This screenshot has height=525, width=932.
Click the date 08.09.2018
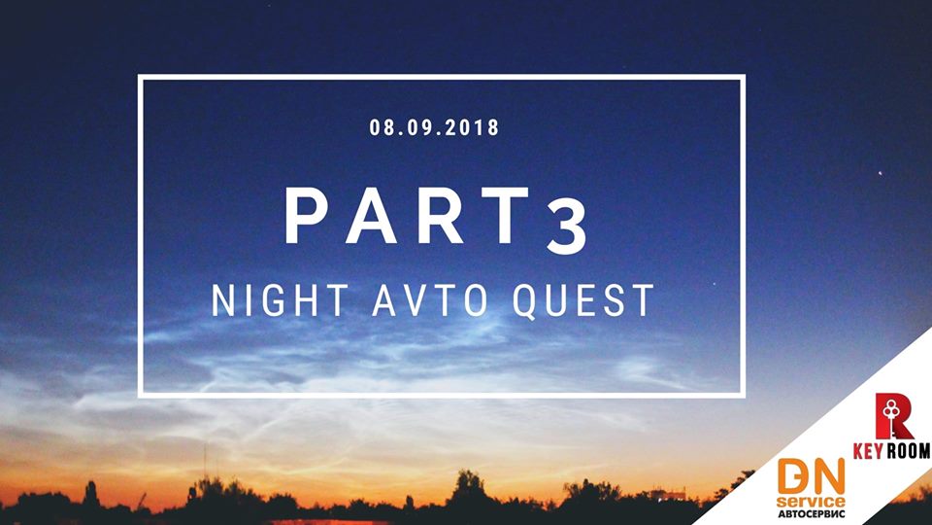point(434,127)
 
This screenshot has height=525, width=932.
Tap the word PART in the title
point(407,216)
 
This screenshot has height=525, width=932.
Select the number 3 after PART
point(567,229)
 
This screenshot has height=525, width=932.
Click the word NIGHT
point(280,300)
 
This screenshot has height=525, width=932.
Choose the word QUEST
point(583,301)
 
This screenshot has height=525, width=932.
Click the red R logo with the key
point(893,416)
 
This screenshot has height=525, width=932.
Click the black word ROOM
point(908,450)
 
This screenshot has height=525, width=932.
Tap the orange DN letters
point(811,475)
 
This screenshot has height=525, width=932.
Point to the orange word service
point(811,502)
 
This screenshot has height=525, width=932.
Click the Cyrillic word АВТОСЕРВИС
point(811,513)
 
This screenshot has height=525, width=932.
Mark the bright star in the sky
point(881,173)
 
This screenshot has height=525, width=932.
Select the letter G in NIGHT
point(274,300)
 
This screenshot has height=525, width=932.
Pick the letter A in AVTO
point(386,300)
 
